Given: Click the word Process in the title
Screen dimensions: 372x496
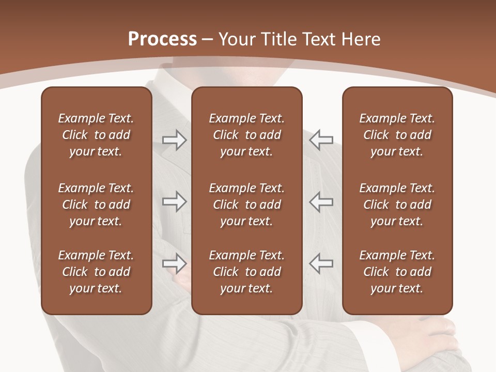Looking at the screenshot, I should click(x=162, y=39).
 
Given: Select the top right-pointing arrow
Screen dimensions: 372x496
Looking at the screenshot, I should click(x=174, y=140).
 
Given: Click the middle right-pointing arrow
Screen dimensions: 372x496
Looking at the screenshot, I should click(x=174, y=202).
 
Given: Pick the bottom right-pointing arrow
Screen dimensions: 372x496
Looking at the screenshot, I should click(x=174, y=263).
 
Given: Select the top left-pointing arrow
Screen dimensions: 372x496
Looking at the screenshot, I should click(x=321, y=140).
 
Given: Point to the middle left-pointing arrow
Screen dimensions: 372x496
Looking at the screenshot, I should click(x=321, y=202).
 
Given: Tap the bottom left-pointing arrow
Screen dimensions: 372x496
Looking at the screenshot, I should click(x=321, y=263).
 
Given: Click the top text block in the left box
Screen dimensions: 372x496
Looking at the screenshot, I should click(x=96, y=135).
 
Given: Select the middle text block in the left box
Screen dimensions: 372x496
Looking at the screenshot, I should click(x=96, y=205).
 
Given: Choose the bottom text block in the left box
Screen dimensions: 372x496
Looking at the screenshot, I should click(x=96, y=272).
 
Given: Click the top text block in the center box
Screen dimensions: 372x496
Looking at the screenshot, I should click(x=246, y=135).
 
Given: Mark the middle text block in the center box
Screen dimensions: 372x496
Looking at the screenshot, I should click(x=246, y=205).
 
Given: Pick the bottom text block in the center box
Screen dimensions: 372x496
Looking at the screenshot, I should click(x=246, y=272).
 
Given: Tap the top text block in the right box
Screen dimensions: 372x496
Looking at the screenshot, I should click(x=397, y=135).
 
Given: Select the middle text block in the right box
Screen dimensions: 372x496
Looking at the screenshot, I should click(x=397, y=205).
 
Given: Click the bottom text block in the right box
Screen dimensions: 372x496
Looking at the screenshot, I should click(x=397, y=272).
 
